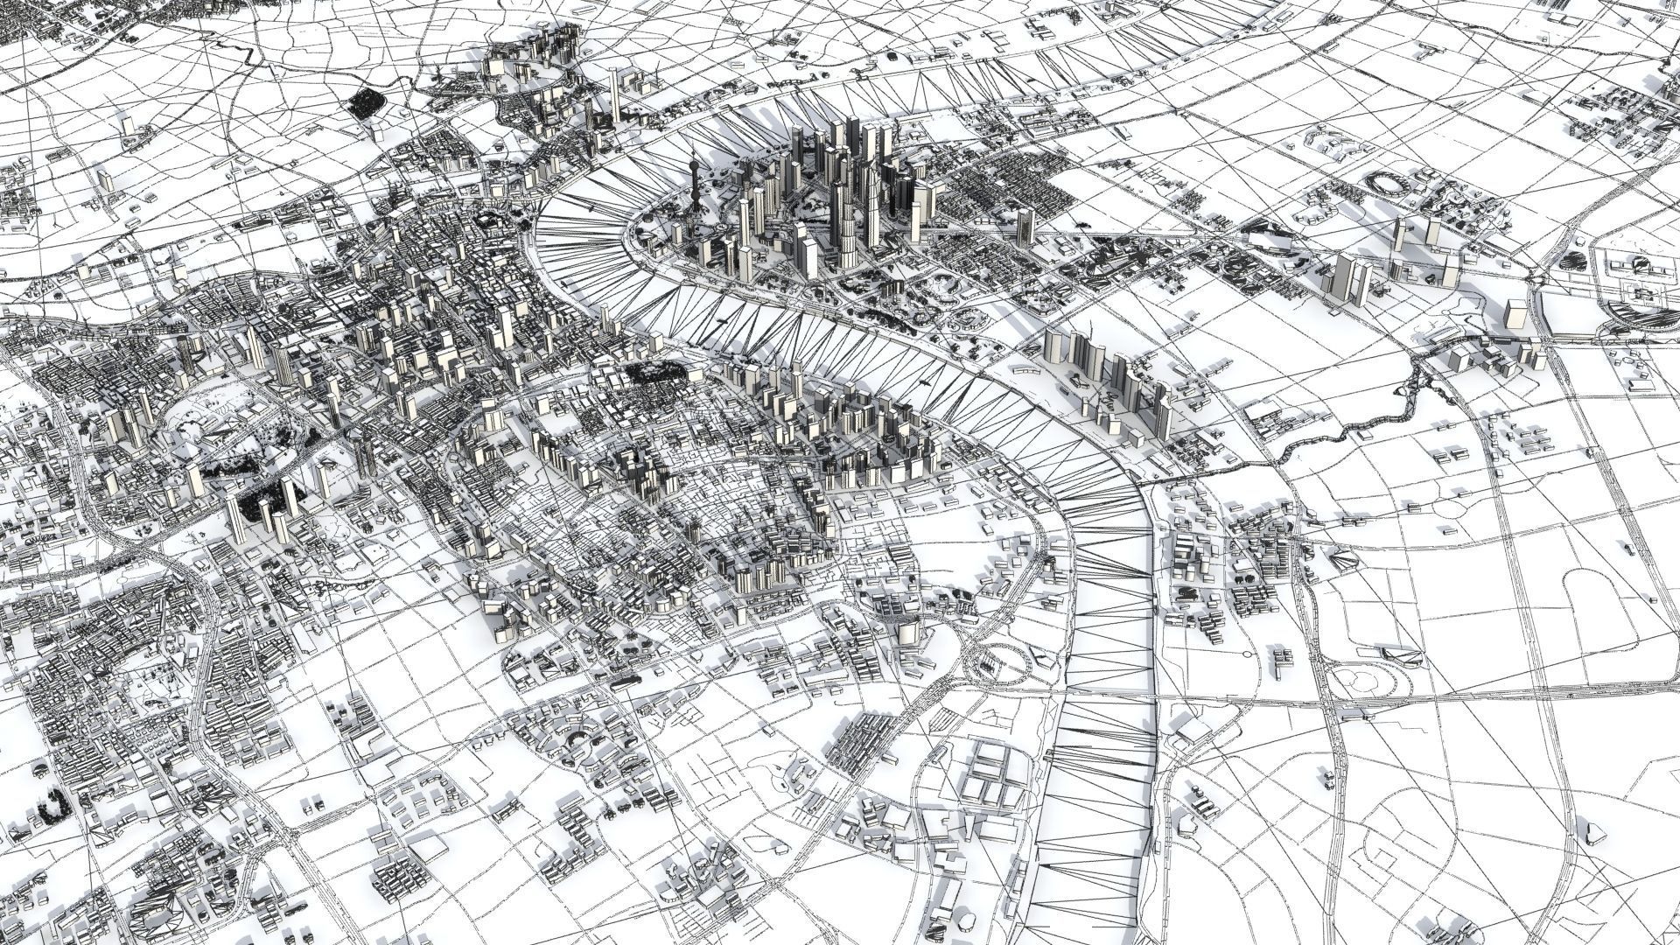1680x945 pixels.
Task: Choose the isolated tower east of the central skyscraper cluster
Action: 1025,223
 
